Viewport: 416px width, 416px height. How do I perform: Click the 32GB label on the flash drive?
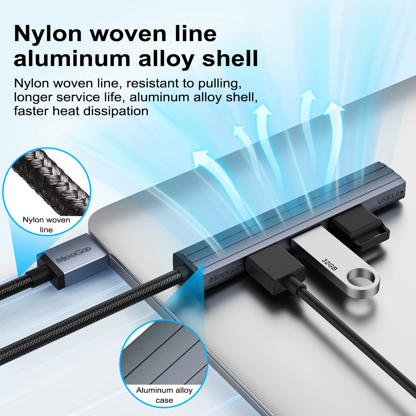[330, 265]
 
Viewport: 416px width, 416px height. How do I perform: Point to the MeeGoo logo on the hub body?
[225, 274]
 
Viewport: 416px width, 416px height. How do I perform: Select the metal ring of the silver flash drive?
[363, 283]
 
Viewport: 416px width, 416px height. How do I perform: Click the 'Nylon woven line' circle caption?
[46, 225]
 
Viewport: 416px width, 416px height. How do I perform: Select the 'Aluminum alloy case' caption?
[164, 395]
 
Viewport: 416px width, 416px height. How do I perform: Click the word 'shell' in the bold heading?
[230, 59]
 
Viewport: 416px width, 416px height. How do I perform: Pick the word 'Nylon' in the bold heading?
[47, 34]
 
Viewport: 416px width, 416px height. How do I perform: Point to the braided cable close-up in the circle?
[51, 180]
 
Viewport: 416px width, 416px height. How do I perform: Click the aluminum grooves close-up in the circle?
[164, 355]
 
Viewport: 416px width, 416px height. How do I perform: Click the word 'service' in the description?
[78, 97]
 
